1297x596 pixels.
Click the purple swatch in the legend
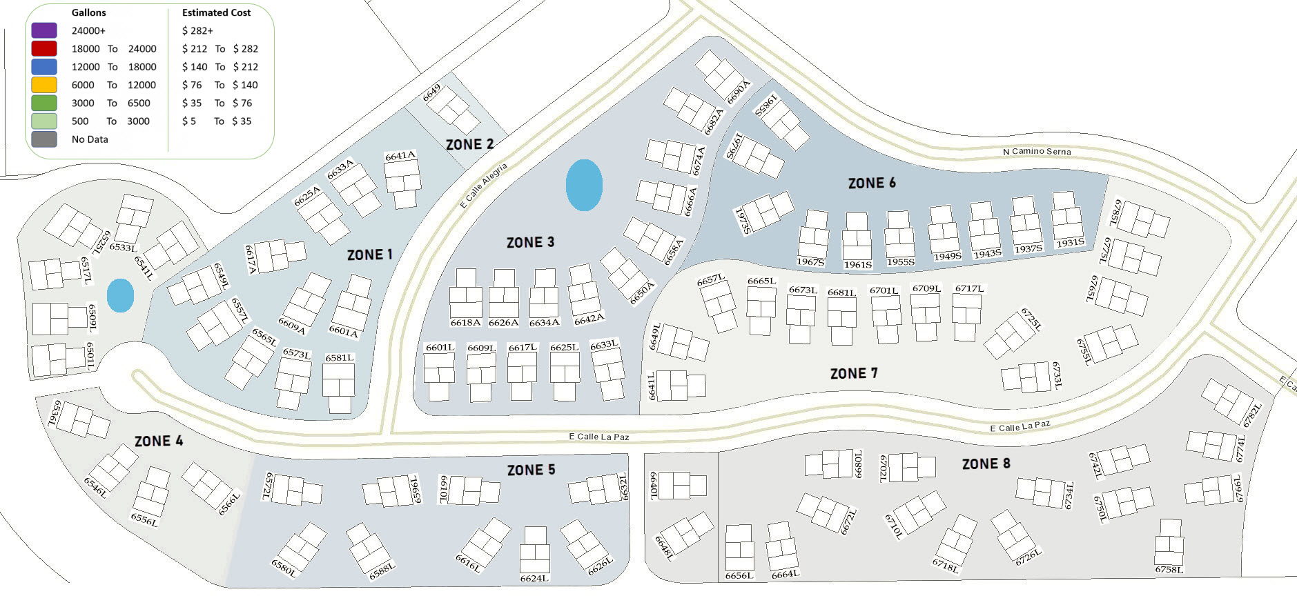[44, 30]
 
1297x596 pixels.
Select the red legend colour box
[44, 48]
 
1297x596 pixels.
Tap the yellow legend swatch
[44, 85]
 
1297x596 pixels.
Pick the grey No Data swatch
[44, 139]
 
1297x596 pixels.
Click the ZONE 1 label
[369, 255]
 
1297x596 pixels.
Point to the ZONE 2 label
[469, 144]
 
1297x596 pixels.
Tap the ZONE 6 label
[872, 183]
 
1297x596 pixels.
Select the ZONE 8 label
[986, 464]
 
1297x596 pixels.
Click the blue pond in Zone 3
[584, 185]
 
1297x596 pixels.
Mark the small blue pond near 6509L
[120, 295]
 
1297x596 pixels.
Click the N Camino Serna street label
[1037, 151]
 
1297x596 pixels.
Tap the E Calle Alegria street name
[484, 185]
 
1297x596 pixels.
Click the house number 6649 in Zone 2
[431, 93]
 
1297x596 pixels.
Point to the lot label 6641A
[400, 157]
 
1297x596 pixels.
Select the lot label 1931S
[1070, 243]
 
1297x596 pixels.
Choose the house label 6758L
[1169, 569]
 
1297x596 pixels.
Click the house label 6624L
[534, 578]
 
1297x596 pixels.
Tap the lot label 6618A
[465, 322]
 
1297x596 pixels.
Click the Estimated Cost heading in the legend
[216, 12]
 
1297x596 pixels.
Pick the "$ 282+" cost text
[197, 30]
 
